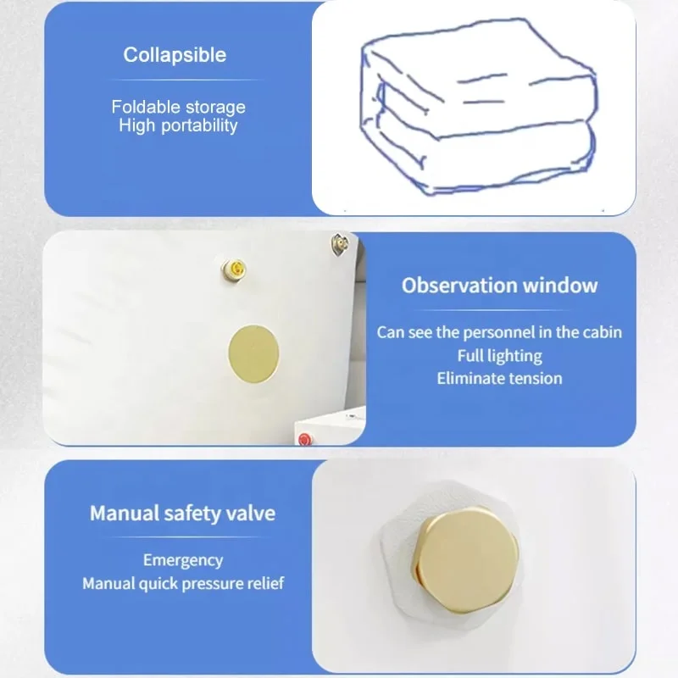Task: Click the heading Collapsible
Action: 175,55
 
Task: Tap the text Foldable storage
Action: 178,107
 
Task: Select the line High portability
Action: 178,125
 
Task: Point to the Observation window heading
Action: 499,285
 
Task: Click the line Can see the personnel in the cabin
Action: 499,331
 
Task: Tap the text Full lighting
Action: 499,355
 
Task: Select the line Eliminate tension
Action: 499,378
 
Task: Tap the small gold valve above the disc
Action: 232,269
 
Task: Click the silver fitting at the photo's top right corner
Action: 338,247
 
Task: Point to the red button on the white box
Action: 304,438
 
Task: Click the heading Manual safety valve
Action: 182,513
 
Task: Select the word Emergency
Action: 183,560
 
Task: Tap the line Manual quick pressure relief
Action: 183,583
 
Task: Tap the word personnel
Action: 507,331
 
